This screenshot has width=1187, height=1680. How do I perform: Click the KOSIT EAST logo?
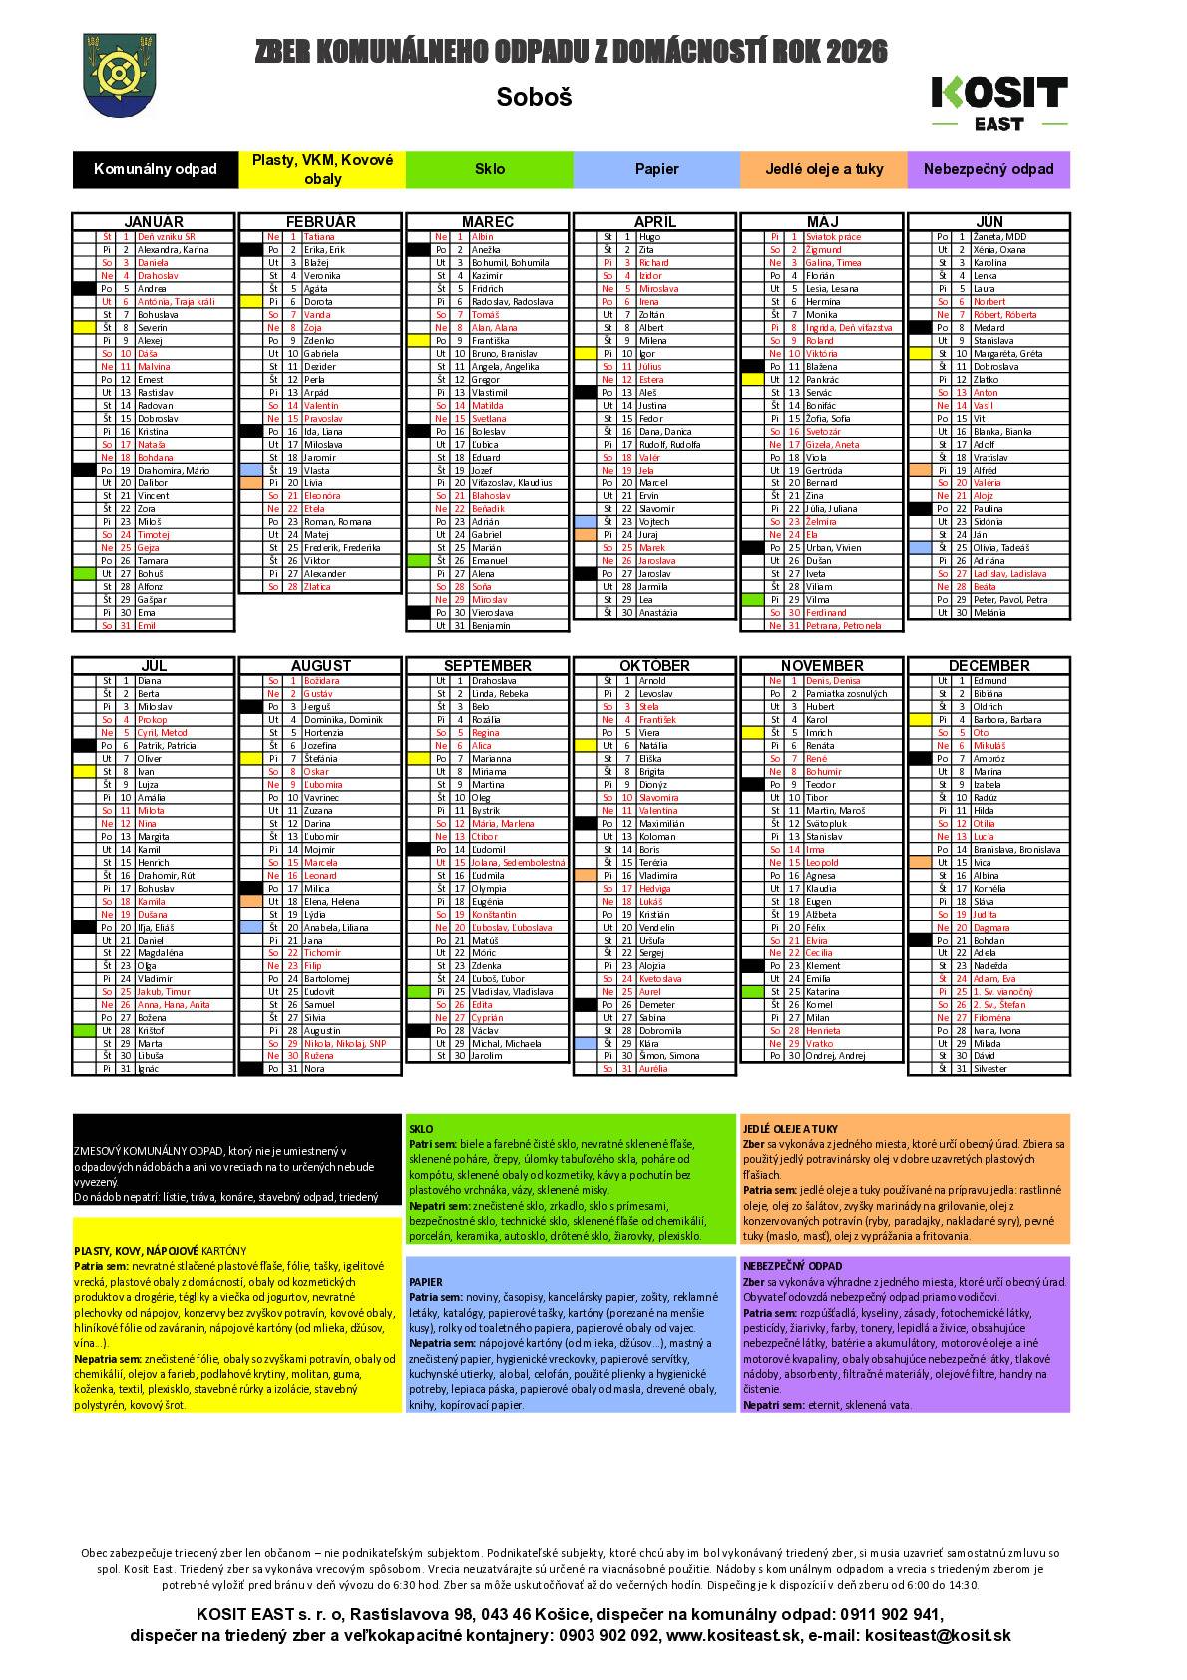998,102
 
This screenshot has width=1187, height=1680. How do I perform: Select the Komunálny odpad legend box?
156,169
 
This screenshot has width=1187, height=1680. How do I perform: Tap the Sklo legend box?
489,169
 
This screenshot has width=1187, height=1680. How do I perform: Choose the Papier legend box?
656,169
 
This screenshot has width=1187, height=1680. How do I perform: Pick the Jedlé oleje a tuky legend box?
824,169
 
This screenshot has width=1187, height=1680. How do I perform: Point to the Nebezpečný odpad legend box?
989,169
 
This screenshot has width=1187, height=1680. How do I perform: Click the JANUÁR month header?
154,221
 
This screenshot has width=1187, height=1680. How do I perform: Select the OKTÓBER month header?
655,665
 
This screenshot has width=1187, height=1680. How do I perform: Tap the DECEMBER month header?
989,665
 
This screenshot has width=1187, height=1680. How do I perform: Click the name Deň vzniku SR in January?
166,237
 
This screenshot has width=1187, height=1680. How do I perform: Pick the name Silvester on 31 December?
989,1068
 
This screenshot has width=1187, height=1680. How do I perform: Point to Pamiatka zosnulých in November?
846,693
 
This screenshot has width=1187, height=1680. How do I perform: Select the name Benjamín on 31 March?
491,625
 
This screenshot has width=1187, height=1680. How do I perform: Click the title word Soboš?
534,98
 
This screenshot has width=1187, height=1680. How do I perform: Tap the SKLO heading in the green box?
421,1129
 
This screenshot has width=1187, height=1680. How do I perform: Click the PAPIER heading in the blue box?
426,1282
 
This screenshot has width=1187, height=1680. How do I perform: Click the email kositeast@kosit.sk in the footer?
938,1635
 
